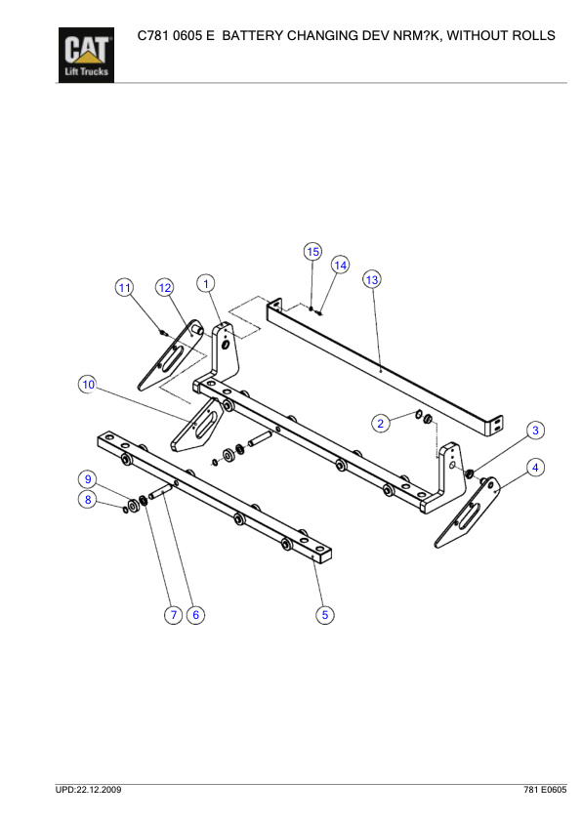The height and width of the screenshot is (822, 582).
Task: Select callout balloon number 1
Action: [x=206, y=283]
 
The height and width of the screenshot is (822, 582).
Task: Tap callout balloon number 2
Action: [x=382, y=423]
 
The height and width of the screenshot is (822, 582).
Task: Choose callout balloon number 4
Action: [x=534, y=468]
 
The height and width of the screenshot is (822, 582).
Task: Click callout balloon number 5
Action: [x=325, y=614]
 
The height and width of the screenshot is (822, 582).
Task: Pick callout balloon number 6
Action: [x=195, y=614]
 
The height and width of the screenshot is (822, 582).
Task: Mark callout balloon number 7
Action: [x=173, y=614]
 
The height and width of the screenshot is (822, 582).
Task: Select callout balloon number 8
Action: [x=88, y=500]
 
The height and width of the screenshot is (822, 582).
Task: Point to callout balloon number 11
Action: [x=124, y=287]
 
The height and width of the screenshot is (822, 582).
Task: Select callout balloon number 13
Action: [x=371, y=279]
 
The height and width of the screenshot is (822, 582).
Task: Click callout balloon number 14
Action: [x=340, y=265]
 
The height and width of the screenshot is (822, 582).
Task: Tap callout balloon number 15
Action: [x=312, y=251]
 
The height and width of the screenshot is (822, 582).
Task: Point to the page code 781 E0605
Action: [x=544, y=788]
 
